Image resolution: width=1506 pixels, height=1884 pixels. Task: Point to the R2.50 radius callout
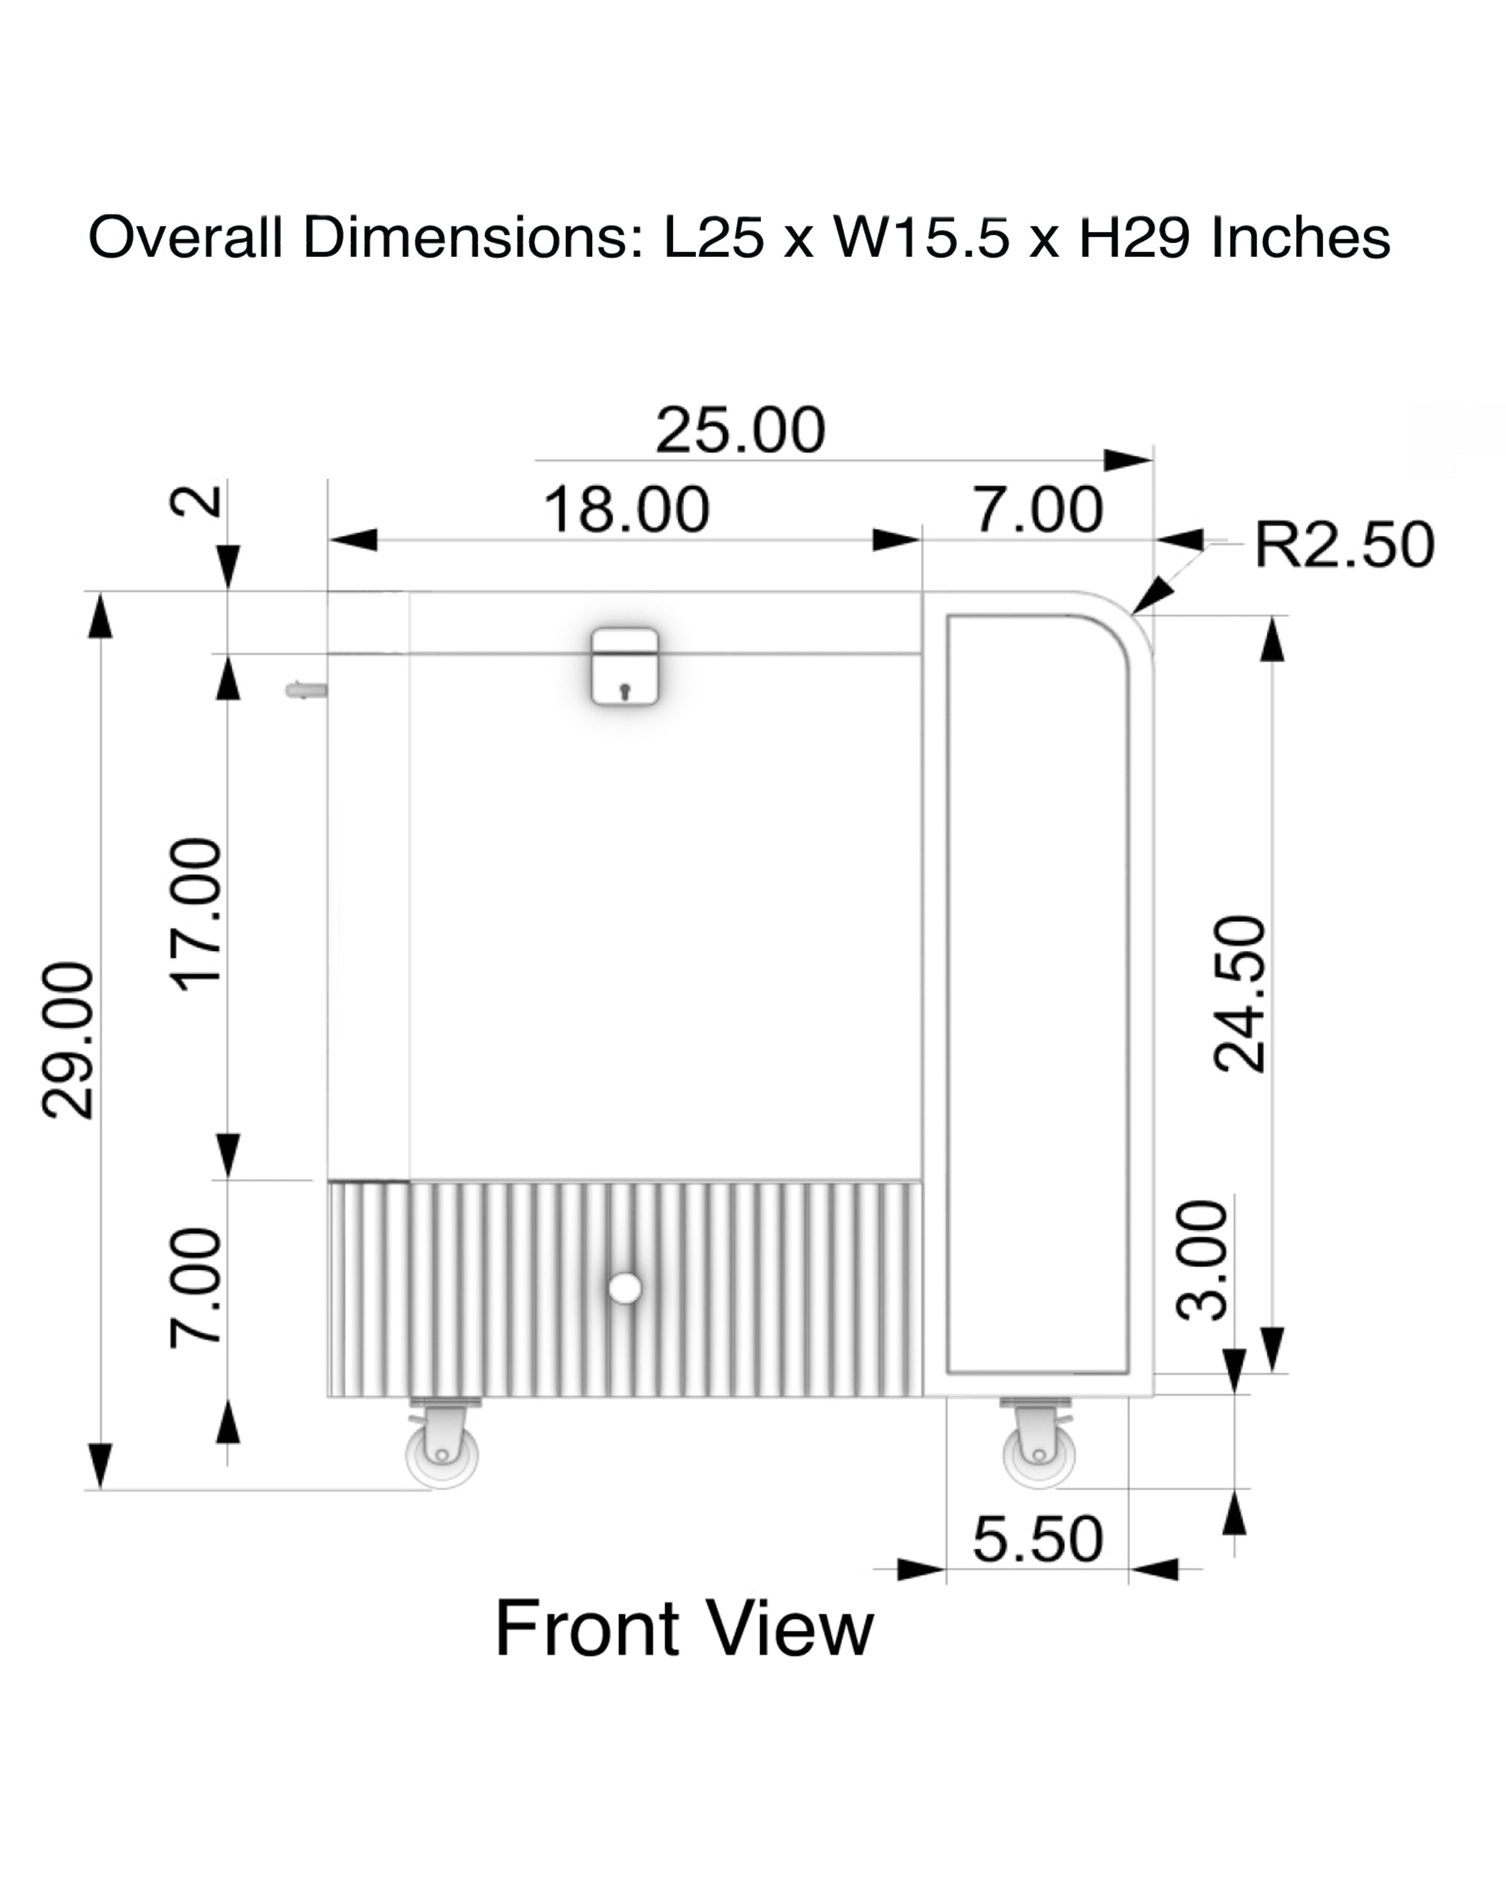[x=1344, y=544]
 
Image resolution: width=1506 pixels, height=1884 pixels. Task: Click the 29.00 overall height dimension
[x=67, y=1040]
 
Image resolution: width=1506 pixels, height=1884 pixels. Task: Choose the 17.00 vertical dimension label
[x=197, y=914]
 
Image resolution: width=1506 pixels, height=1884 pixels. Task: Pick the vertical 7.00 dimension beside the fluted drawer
[x=197, y=1288]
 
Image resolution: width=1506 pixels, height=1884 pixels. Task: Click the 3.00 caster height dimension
[x=1202, y=1259]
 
